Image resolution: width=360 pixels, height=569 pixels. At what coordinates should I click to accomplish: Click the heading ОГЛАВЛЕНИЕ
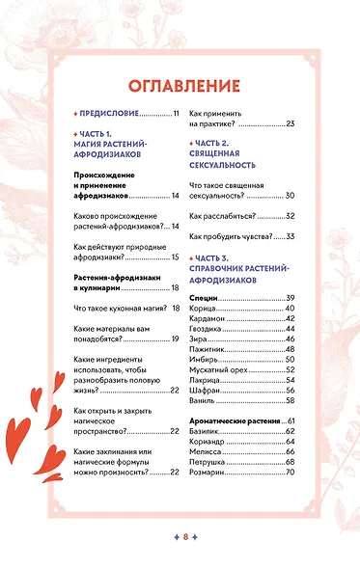[180, 84]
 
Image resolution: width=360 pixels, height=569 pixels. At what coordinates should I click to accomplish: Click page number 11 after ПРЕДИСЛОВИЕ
[177, 114]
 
